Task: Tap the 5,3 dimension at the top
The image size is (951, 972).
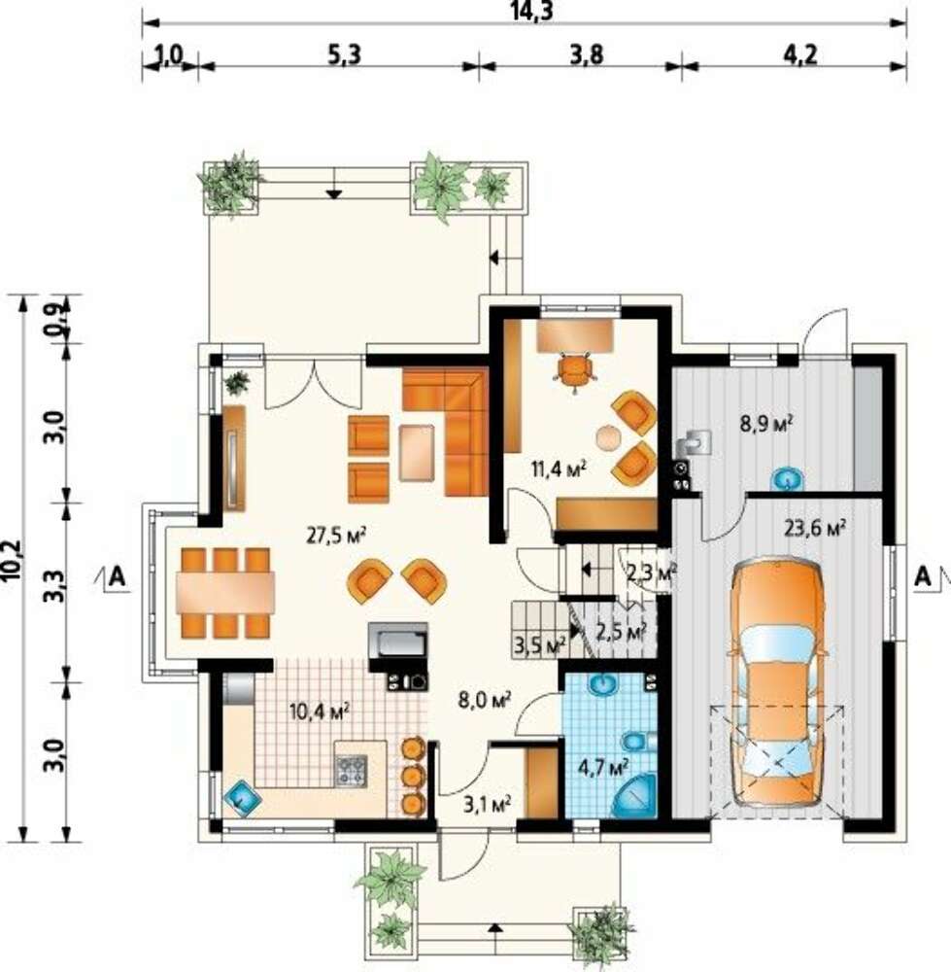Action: [344, 55]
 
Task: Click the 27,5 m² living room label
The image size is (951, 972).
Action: [336, 535]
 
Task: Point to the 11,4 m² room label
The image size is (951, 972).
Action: [559, 469]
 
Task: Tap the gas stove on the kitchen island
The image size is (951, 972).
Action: [352, 771]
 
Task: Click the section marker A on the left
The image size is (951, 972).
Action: [117, 577]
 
